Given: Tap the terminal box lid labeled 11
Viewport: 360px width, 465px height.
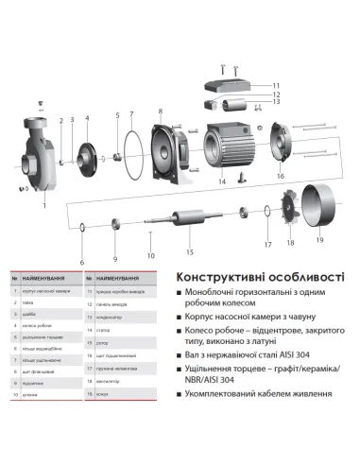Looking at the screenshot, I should point(232,86).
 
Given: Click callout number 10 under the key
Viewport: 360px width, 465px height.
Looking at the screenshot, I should point(148,256).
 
